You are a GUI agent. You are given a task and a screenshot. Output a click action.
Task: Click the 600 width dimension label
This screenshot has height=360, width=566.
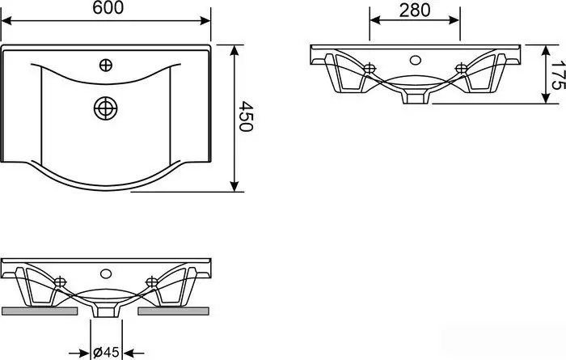pyautogui.click(x=108, y=8)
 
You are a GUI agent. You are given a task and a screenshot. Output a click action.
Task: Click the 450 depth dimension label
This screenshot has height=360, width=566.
pyautogui.click(x=246, y=116)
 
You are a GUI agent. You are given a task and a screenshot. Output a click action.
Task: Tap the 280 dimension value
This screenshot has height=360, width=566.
pyautogui.click(x=415, y=10)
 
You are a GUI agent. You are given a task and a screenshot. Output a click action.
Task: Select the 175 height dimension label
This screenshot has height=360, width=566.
pyautogui.click(x=558, y=74)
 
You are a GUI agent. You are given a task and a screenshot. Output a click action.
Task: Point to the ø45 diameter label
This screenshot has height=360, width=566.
pyautogui.click(x=106, y=352)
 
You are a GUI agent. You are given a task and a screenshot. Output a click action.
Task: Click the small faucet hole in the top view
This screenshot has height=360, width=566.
pyautogui.click(x=106, y=66)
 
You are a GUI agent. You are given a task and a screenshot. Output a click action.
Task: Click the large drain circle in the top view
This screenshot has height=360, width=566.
pyautogui.click(x=106, y=108)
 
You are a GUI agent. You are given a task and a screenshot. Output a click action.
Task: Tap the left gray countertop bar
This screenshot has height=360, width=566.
pyautogui.click(x=40, y=311)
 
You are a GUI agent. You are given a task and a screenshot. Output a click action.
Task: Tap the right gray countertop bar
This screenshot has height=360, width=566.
pyautogui.click(x=173, y=311)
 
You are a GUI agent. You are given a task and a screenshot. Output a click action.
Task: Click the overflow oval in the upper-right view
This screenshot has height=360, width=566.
pyautogui.click(x=416, y=60)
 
